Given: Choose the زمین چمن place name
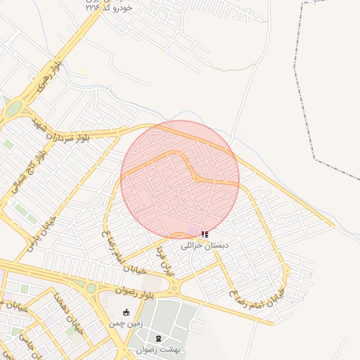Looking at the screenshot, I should [x=125, y=323].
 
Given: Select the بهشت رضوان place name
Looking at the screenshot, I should [x=158, y=349].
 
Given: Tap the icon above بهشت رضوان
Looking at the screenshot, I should [x=157, y=338].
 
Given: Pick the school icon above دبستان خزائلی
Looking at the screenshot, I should [x=205, y=234].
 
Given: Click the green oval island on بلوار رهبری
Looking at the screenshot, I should [x=13, y=109].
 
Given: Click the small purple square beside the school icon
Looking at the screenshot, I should [x=193, y=231].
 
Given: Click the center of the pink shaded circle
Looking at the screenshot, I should [x=180, y=179].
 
